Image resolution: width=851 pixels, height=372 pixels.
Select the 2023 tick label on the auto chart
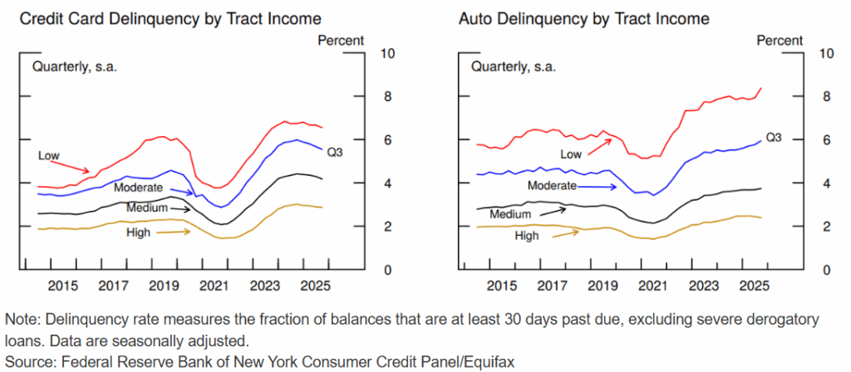701,286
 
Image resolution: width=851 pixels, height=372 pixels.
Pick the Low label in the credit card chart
49,155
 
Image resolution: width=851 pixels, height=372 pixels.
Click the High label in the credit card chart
138,232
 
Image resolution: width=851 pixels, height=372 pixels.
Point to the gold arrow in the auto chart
565,233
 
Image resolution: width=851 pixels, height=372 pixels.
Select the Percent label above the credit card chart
341,40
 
